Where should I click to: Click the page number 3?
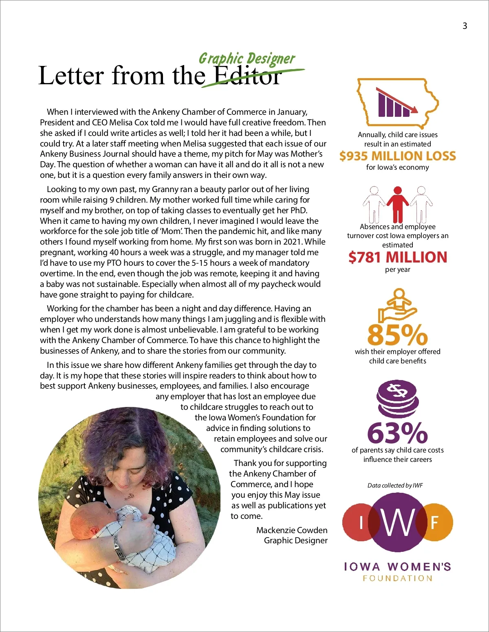(x=465, y=26)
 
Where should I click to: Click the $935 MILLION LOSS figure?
(x=397, y=156)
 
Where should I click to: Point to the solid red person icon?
(x=397, y=203)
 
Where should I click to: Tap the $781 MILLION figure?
(x=397, y=257)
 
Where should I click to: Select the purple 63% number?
(x=397, y=433)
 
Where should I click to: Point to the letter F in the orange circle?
(x=434, y=522)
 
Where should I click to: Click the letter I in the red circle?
(x=361, y=523)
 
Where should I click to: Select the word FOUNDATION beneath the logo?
(x=397, y=578)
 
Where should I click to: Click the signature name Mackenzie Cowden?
(x=292, y=530)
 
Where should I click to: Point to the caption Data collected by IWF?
(x=395, y=485)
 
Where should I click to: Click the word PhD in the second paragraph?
(x=298, y=210)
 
